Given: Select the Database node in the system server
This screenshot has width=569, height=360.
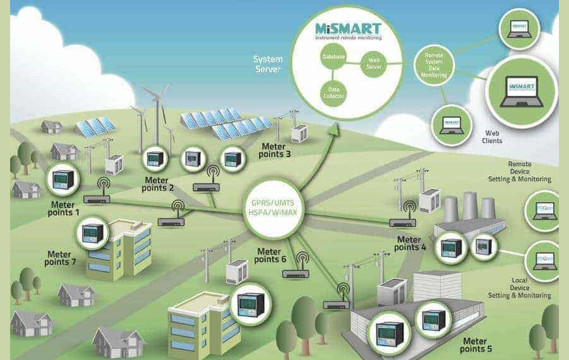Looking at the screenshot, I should tap(333, 57).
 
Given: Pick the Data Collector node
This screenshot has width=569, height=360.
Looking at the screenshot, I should tap(333, 93).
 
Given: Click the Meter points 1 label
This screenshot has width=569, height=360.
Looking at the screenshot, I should tap(63, 208).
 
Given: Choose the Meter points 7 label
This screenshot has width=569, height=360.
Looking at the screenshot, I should tap(63, 258).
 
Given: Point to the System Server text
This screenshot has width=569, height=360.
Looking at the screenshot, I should tap(268, 64).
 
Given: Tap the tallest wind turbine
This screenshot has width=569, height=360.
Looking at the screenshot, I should tap(153, 114).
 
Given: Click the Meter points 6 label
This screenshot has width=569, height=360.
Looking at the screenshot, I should tap(272, 255).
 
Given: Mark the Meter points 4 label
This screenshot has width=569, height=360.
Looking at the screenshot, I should tap(410, 243).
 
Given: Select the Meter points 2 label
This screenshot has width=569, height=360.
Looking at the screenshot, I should tap(157, 184).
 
